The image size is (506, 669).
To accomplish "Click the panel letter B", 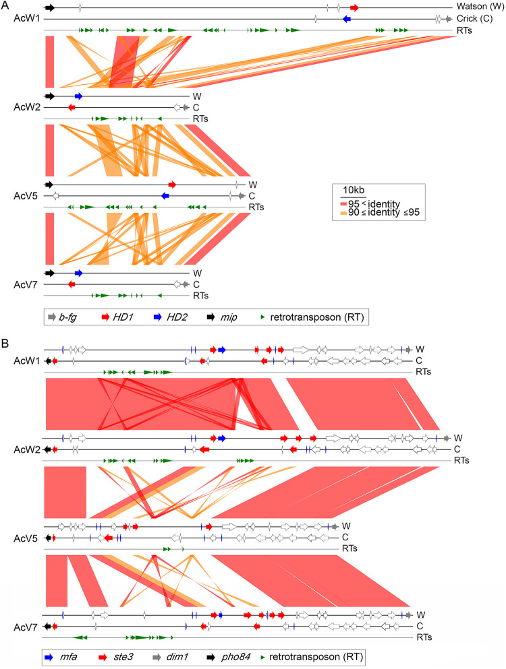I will [x=5, y=342].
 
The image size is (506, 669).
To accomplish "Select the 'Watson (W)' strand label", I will [x=476, y=7].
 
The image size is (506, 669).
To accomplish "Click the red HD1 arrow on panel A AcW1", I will [x=354, y=7].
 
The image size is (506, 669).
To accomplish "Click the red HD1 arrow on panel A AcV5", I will [x=172, y=184].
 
